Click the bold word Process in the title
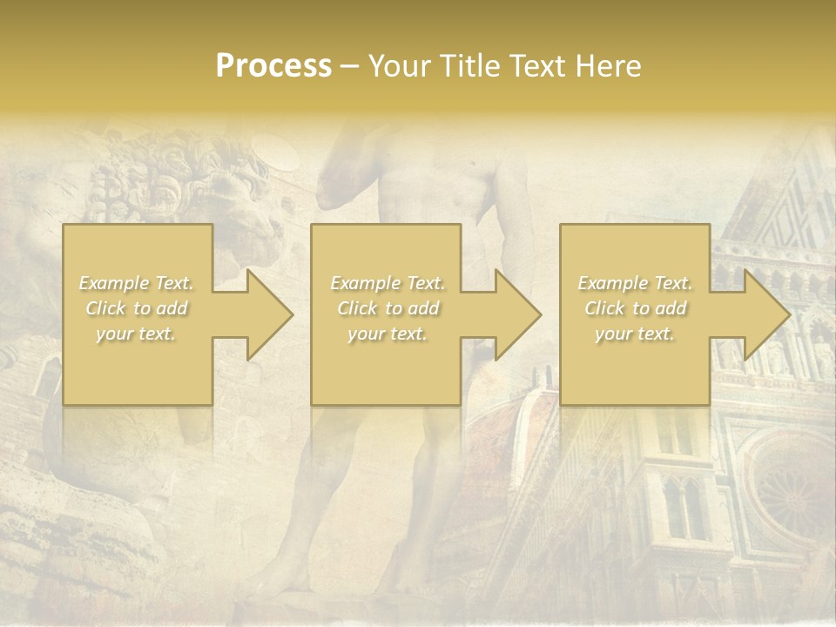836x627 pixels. (x=273, y=66)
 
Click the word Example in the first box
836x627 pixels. (x=114, y=283)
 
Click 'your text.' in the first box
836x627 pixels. (x=136, y=334)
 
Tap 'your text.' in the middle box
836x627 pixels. (x=388, y=334)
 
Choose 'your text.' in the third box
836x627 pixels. (x=635, y=334)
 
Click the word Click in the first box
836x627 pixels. (x=104, y=308)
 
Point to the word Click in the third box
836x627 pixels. (x=604, y=308)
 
